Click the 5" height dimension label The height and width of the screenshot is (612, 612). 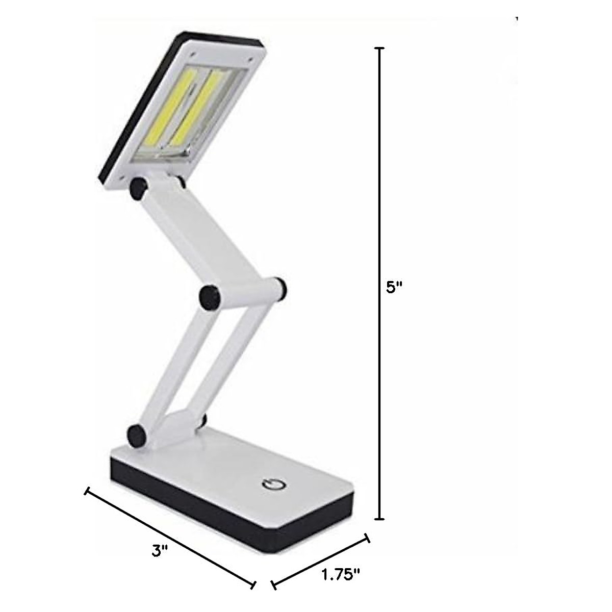tap(394, 288)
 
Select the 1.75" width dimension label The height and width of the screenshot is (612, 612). tap(341, 575)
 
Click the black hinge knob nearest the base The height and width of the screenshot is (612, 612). tap(137, 435)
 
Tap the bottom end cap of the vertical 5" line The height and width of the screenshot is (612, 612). tap(378, 519)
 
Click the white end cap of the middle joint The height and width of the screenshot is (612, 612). tap(279, 287)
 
